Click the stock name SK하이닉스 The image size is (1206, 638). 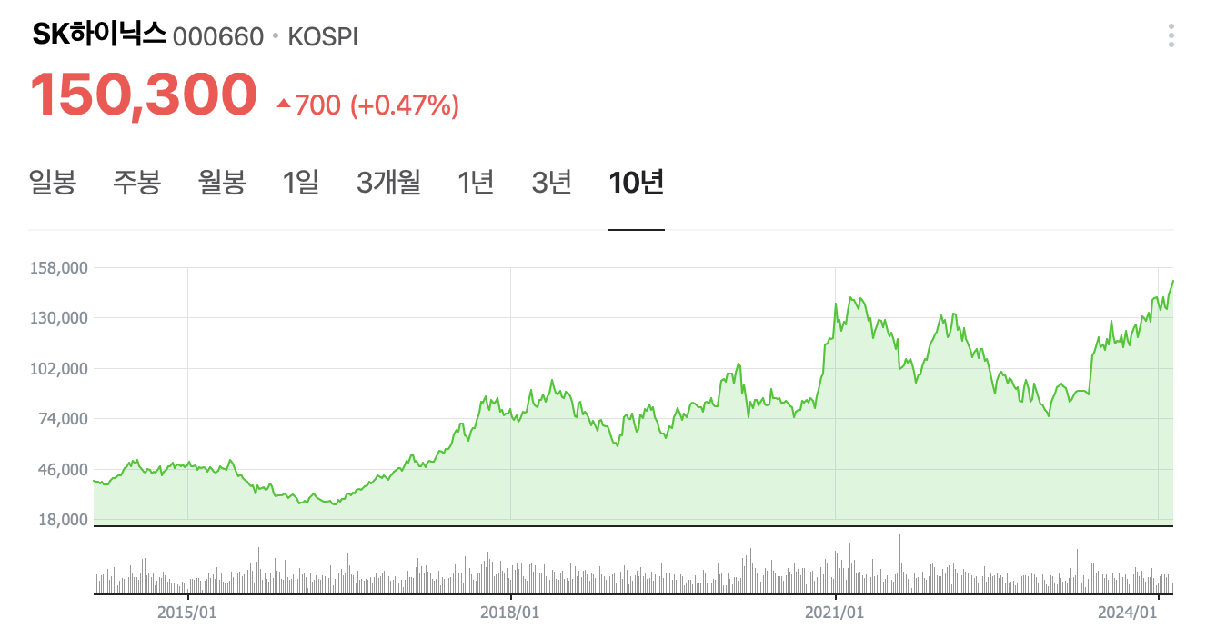point(99,35)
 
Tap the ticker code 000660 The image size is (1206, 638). point(217,36)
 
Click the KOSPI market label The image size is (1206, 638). point(323,36)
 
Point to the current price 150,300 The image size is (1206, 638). point(144,95)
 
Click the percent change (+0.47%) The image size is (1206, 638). point(404,105)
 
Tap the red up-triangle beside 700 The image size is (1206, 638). point(283,105)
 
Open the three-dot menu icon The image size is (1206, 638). point(1171,36)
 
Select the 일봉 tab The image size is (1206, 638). point(53,183)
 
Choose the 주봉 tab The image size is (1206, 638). point(137,183)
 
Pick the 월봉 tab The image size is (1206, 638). point(222,183)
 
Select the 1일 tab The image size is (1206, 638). point(301,183)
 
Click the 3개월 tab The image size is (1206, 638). point(388,183)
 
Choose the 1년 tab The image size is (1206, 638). point(476,183)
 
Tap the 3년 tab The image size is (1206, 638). point(552,183)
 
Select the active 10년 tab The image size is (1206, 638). point(637,183)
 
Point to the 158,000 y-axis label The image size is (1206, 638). point(58,268)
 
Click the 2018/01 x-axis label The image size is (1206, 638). point(509,613)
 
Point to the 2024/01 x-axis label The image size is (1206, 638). point(1126,613)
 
